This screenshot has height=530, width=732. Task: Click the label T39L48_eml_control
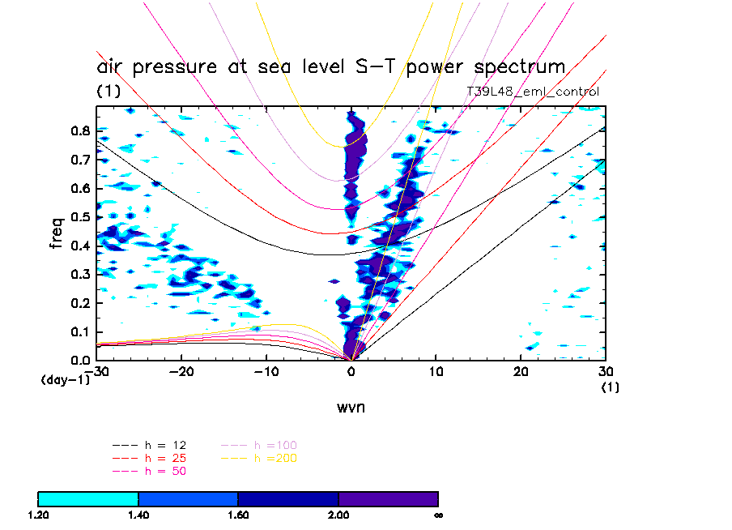533,92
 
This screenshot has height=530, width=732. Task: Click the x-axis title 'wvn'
351,407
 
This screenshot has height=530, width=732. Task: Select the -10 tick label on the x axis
266,371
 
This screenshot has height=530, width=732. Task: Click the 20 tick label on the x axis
521,371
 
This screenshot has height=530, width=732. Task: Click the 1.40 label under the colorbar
138,515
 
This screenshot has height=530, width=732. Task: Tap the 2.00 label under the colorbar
338,515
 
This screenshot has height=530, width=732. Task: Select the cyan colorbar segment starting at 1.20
88,498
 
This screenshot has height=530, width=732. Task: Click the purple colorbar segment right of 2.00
388,498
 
